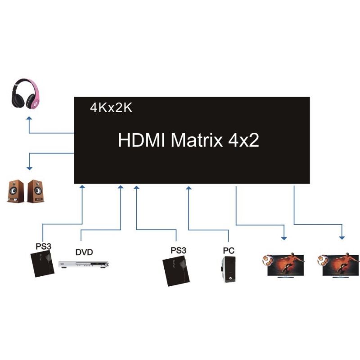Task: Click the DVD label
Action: point(84,252)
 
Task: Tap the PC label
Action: point(229,250)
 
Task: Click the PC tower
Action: point(228,270)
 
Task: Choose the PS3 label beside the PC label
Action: point(178,250)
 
